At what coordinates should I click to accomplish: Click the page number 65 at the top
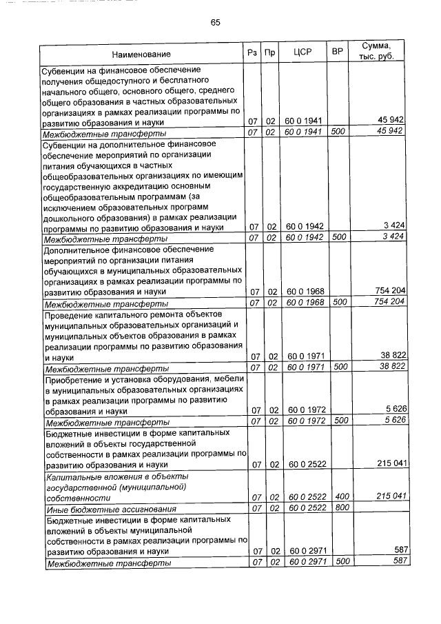[215, 23]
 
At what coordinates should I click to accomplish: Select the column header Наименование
[141, 54]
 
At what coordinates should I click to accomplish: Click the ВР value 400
[339, 497]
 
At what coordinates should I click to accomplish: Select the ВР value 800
[339, 508]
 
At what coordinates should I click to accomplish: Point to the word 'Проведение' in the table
[67, 314]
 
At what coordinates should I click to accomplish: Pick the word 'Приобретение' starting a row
[71, 379]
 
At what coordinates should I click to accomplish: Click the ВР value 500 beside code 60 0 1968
[339, 302]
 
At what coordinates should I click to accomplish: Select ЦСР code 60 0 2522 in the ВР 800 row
[305, 508]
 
